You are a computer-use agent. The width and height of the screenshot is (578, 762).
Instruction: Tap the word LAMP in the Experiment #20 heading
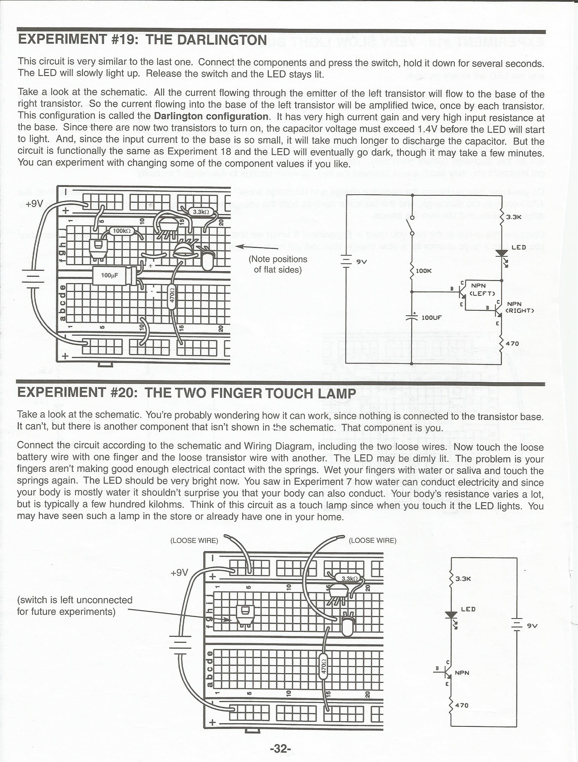tap(337, 393)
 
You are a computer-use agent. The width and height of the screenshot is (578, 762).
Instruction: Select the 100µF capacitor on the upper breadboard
tap(112, 275)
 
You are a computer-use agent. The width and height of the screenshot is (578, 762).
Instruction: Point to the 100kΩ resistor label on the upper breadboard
tap(122, 231)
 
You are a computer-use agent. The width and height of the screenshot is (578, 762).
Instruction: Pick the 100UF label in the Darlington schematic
tap(431, 317)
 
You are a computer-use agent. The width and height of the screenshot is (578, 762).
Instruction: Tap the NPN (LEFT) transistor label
tap(482, 289)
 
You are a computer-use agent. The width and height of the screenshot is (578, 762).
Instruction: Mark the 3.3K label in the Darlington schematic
tap(513, 217)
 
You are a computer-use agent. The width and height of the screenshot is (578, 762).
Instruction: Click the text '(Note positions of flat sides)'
tap(278, 264)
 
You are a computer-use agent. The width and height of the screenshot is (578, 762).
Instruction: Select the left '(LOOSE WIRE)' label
tap(194, 541)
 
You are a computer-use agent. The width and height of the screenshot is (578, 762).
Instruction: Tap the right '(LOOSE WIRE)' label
tap(372, 541)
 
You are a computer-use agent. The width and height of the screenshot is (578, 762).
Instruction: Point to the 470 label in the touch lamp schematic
tap(462, 705)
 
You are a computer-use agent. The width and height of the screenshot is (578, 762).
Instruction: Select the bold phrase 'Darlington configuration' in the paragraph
tap(211, 116)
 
